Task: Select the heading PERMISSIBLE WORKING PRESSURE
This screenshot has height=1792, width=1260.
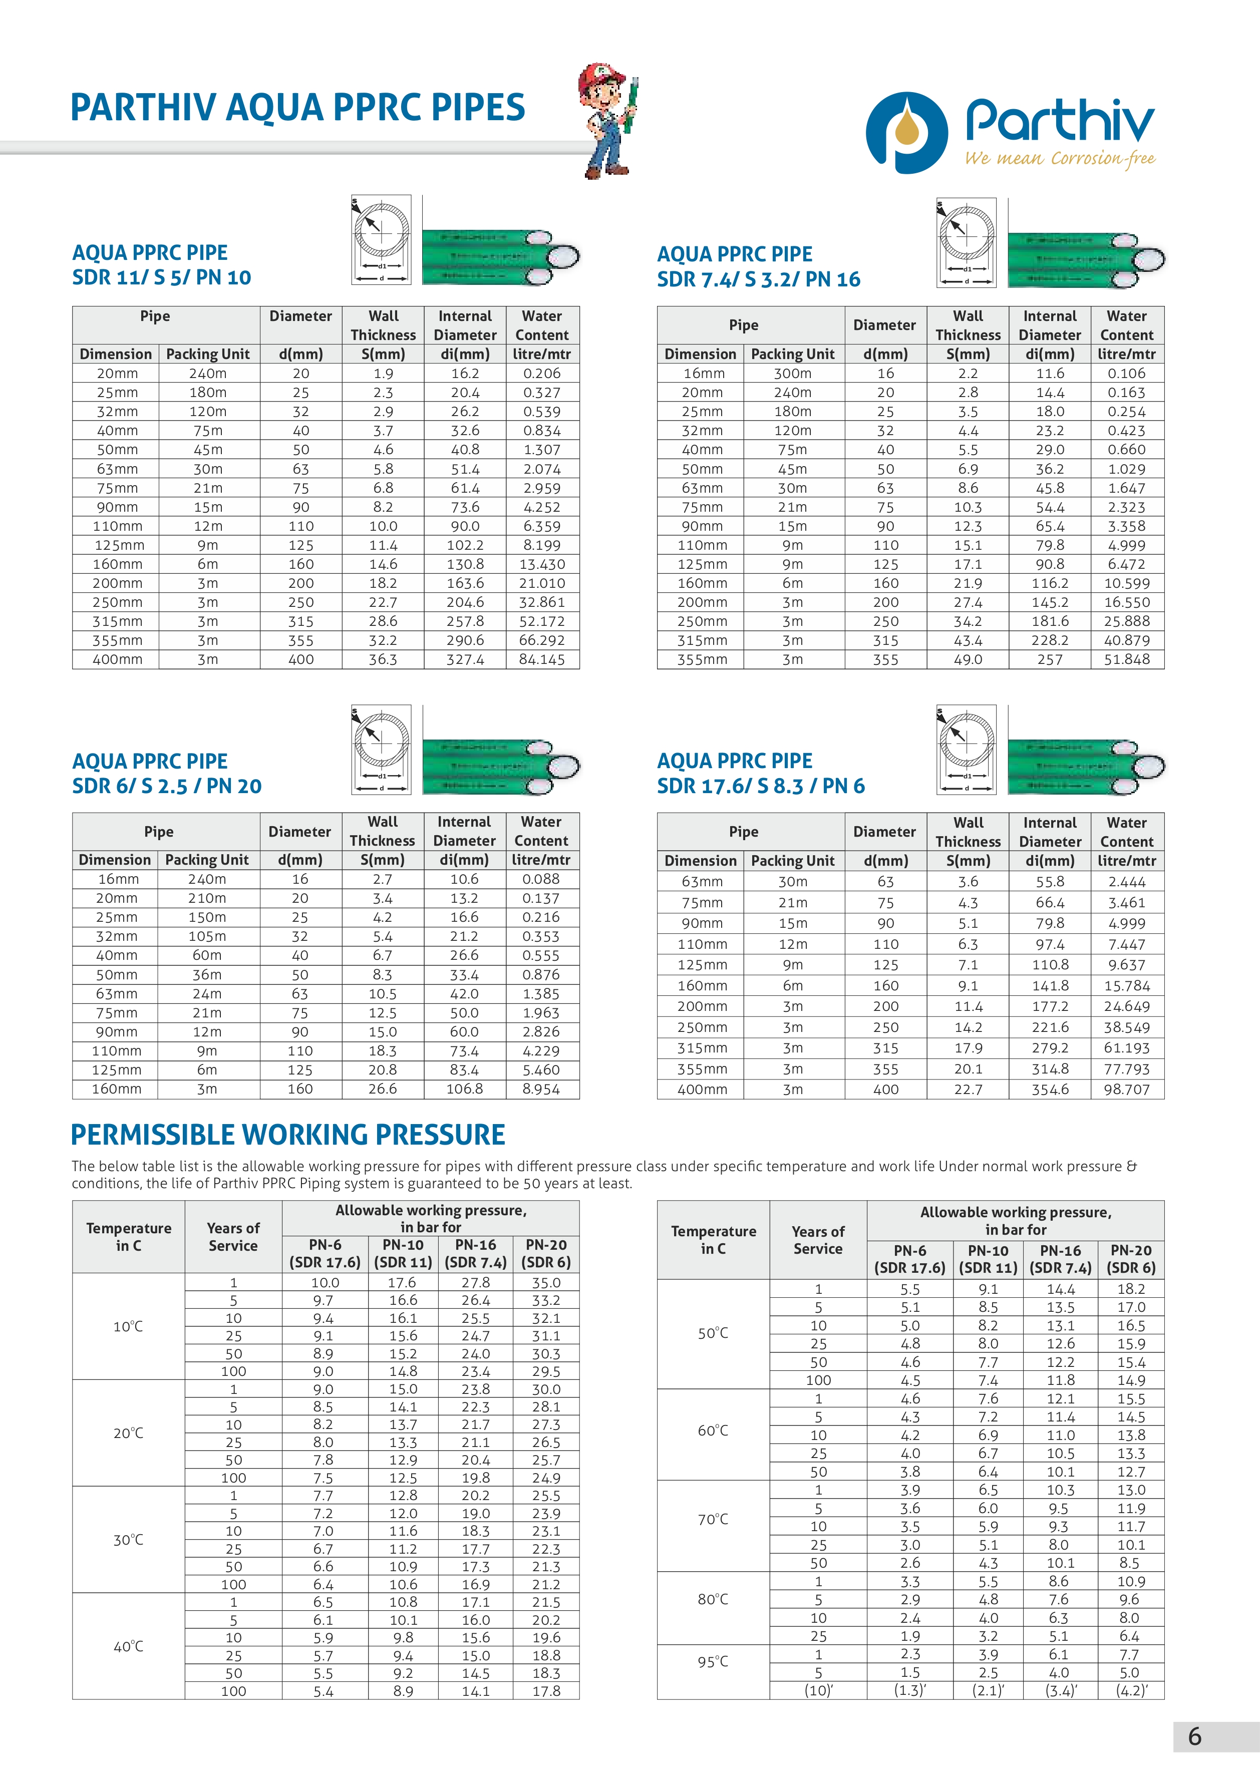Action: click(x=288, y=1134)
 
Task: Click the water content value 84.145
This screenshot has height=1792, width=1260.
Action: click(x=542, y=659)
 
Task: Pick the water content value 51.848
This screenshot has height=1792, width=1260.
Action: click(x=1126, y=659)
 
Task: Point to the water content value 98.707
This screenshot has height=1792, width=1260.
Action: click(x=1126, y=1089)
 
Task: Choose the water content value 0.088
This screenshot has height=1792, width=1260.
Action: click(x=541, y=879)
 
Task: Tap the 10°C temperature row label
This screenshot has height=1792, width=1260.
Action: click(x=128, y=1326)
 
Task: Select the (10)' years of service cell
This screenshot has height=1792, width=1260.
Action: click(x=818, y=1690)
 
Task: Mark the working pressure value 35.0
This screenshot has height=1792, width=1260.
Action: click(x=546, y=1282)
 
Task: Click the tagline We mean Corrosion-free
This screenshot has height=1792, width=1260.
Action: click(x=1059, y=158)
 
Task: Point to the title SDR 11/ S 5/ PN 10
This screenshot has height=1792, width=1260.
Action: click(x=162, y=277)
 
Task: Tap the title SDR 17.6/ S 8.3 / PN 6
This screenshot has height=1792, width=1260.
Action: click(x=760, y=786)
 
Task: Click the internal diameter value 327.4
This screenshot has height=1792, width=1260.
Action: click(x=465, y=659)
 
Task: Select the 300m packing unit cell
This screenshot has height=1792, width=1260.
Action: click(x=792, y=373)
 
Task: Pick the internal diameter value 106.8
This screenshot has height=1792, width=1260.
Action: click(x=465, y=1089)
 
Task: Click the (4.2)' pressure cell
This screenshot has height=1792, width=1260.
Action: click(x=1130, y=1690)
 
